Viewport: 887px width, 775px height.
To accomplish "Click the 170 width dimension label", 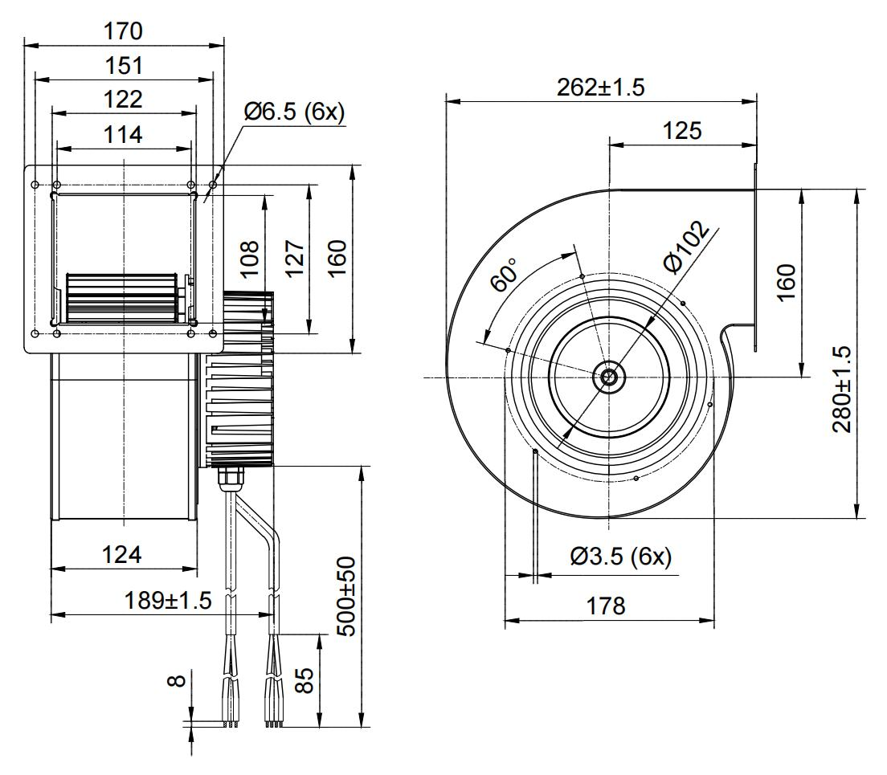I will [x=123, y=31].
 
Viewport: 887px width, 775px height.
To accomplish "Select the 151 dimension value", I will [x=123, y=66].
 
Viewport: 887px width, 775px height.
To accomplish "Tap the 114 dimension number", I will [x=123, y=134].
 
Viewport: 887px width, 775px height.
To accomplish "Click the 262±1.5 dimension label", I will [x=601, y=88].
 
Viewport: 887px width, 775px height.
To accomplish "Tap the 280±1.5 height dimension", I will [x=844, y=390].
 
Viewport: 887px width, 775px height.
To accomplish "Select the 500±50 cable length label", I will [x=346, y=596].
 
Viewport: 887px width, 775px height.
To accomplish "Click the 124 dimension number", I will [x=123, y=554].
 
